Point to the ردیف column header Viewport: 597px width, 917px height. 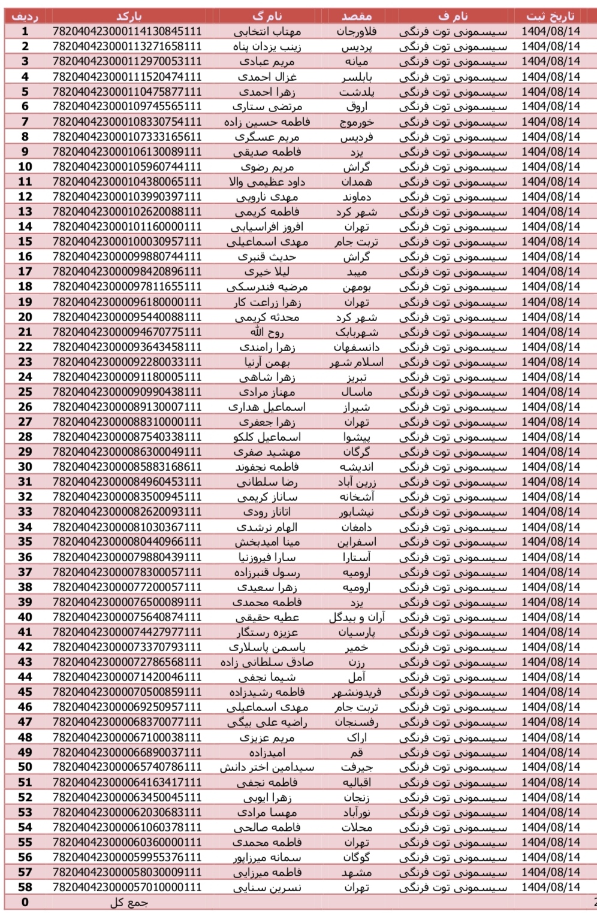point(25,16)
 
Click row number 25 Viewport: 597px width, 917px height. point(25,392)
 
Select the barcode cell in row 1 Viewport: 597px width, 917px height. point(127,31)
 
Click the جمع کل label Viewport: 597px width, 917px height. point(128,903)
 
